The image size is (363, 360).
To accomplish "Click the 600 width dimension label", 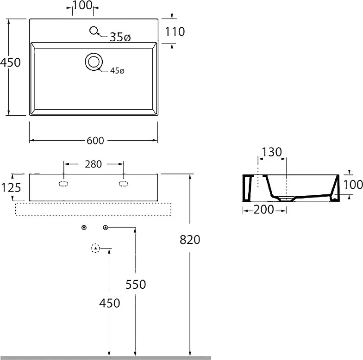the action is tap(95, 141).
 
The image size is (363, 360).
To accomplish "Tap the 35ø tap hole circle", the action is tap(94, 31).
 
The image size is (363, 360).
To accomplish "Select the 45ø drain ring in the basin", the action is tap(94, 62).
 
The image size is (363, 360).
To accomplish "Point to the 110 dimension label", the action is tap(175, 31).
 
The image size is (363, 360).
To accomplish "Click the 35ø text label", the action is tap(120, 37).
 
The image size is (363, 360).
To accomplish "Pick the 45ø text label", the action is tap(117, 70).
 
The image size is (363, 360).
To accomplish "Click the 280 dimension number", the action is tap(94, 164).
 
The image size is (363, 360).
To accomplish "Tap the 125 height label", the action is tap(11, 187).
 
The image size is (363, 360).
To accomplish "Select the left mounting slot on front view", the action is tap(64, 184).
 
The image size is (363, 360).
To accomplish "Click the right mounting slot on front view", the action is tap(123, 184).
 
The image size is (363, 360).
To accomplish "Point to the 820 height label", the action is tap(190, 240).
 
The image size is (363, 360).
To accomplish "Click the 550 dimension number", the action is tap(136, 284).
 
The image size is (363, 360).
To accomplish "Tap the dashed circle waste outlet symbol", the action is tap(95, 248).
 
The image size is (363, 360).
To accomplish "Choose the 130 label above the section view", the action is tap(272, 152).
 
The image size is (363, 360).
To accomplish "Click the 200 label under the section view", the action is tap(264, 210).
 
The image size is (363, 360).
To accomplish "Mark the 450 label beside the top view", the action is tap(10, 62).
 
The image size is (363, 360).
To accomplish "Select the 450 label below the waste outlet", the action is tap(110, 303).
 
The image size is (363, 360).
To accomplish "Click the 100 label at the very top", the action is tap(82, 5).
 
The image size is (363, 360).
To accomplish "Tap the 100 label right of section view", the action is tap(353, 184).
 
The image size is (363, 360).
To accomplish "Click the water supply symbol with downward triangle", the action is tap(84, 228).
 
